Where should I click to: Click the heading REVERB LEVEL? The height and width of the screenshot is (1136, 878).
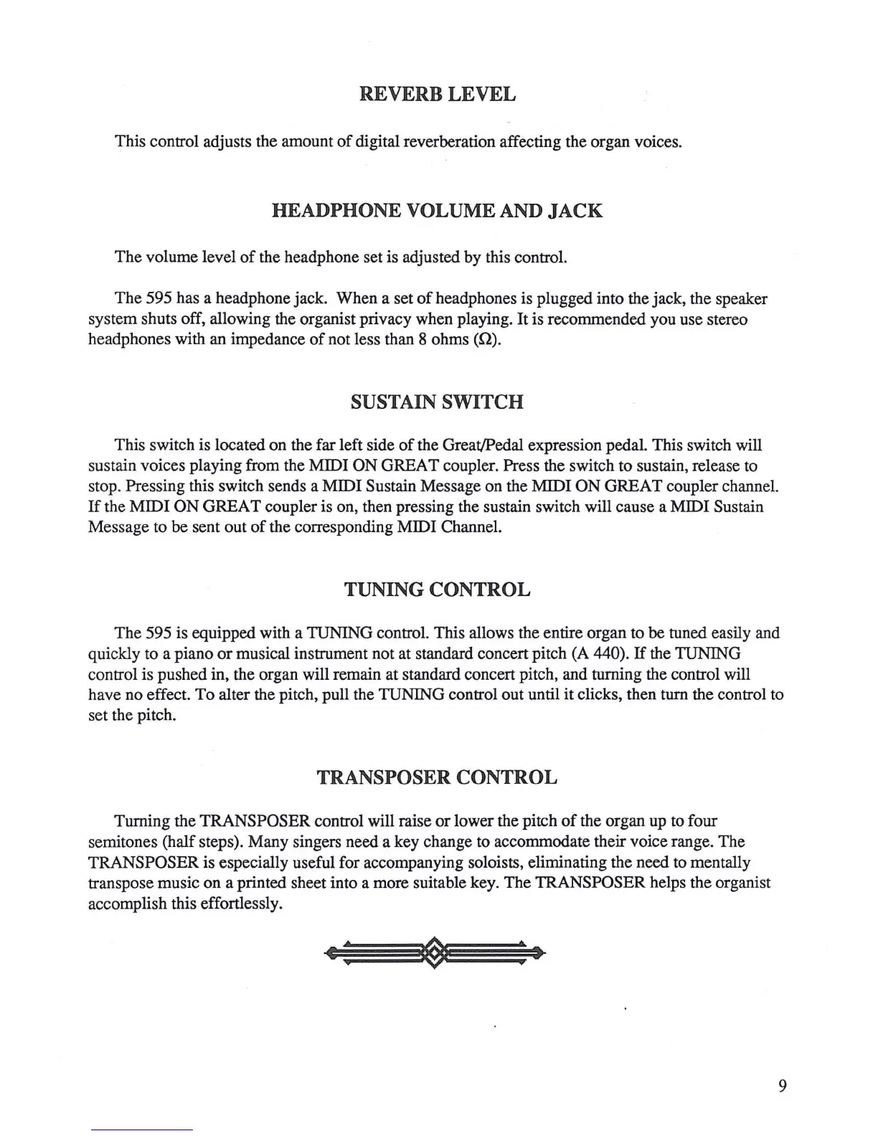(437, 94)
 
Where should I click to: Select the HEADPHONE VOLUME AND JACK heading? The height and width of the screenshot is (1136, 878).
(437, 211)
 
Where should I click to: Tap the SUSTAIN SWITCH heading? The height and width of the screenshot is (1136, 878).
(437, 402)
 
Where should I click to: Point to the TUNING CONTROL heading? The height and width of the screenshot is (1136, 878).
(437, 590)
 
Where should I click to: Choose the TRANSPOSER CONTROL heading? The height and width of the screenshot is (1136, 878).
(437, 777)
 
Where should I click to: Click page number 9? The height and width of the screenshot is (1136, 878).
(782, 1086)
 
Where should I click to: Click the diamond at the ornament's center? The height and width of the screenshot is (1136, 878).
(435, 953)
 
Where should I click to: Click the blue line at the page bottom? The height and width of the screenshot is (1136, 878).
(142, 1130)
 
